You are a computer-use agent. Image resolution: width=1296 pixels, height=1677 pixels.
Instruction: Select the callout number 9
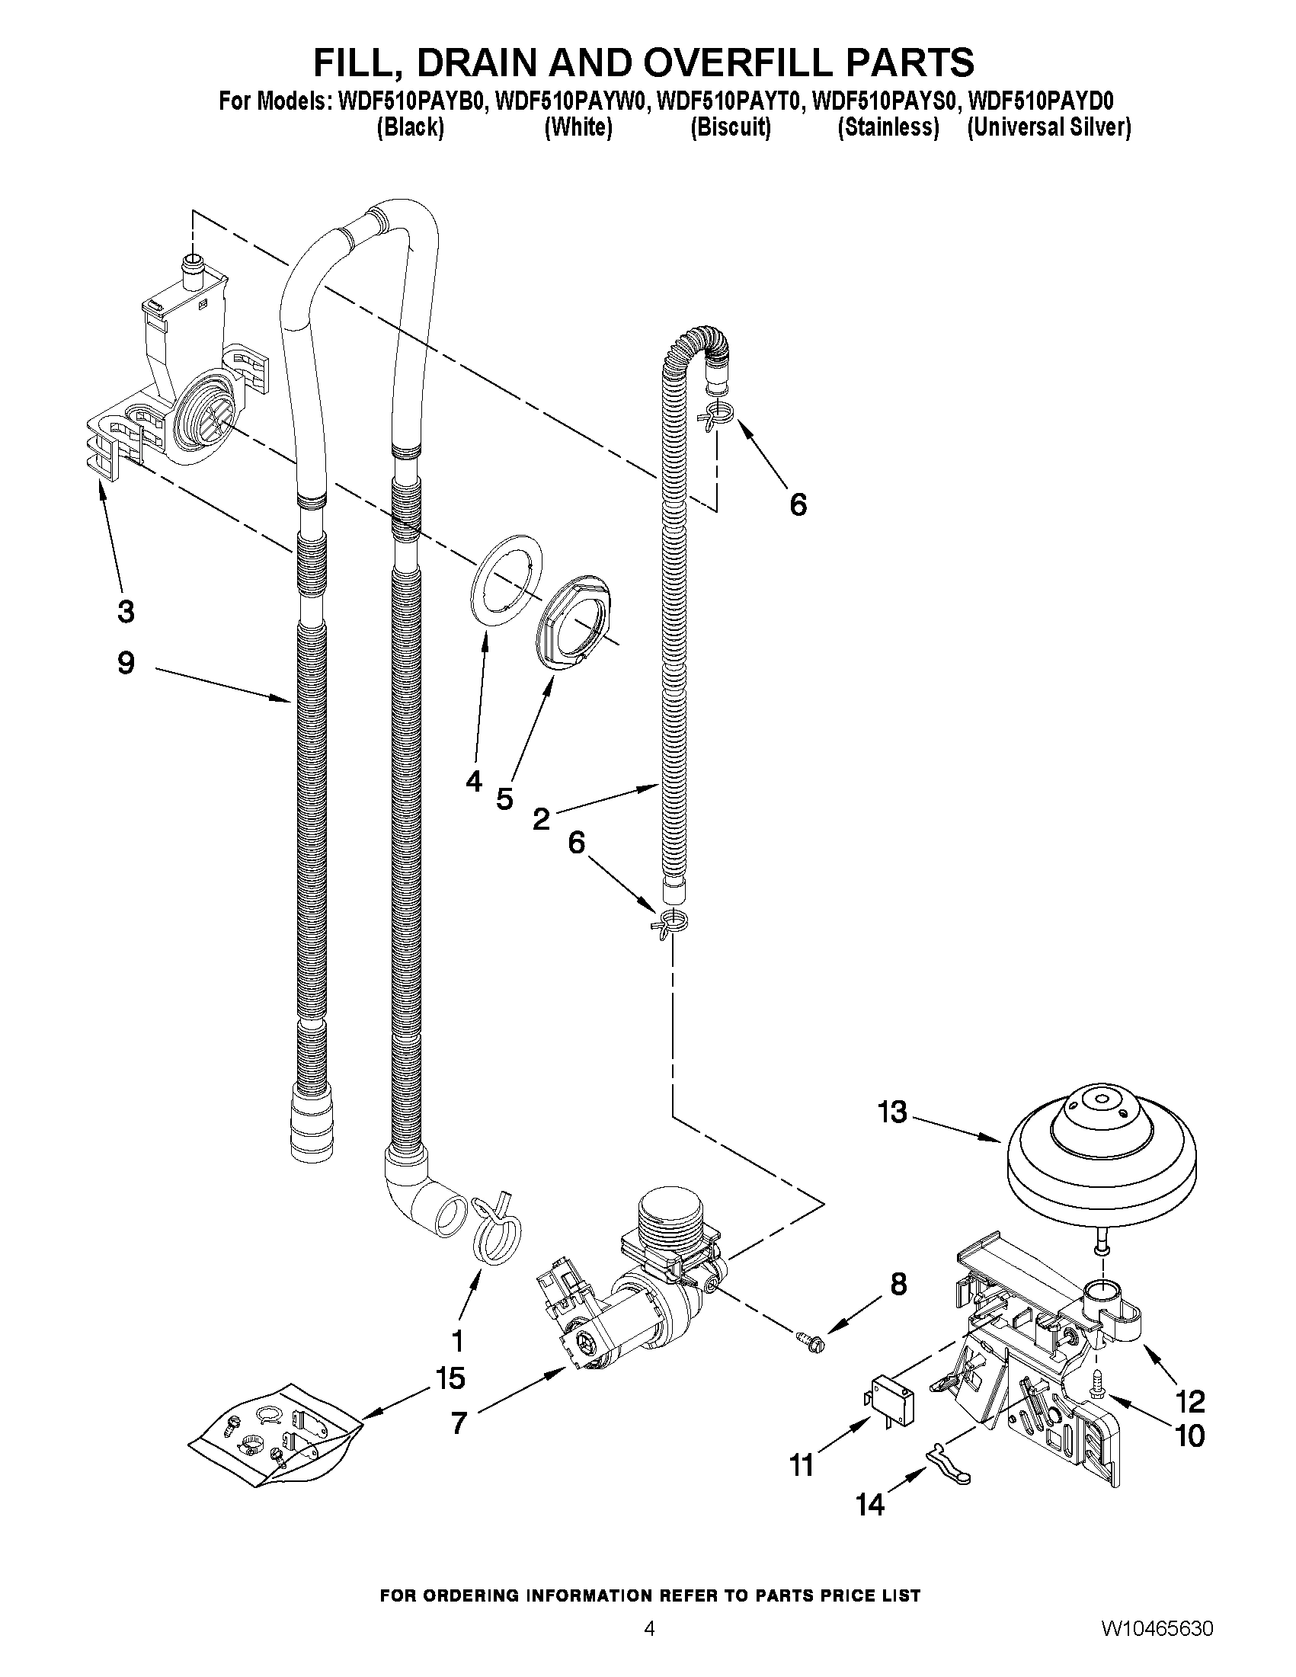click(x=126, y=663)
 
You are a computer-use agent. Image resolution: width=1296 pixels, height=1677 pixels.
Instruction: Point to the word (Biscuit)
click(x=730, y=126)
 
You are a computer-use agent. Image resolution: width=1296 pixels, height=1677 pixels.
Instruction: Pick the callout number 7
click(x=459, y=1423)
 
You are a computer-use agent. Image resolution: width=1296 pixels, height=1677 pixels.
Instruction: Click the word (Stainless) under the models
click(x=888, y=126)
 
